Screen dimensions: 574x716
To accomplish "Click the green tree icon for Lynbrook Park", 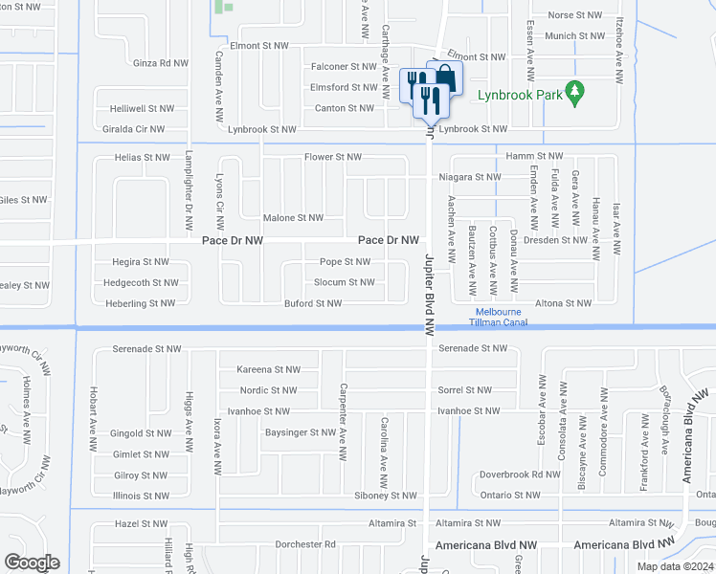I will pos(574,94).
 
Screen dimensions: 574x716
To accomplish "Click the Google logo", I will pos(32,563).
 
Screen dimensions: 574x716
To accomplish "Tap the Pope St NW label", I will pos(345,261).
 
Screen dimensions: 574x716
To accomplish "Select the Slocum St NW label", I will pos(345,282).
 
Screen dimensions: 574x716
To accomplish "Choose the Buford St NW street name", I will pos(313,303).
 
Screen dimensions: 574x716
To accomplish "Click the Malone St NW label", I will pos(294,218).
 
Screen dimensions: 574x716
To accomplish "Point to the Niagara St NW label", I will pos(470,177).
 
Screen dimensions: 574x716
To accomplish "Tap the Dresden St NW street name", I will pos(556,240).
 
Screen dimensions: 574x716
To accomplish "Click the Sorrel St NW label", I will pos(464,390).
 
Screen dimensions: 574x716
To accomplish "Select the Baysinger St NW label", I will pos(301,432).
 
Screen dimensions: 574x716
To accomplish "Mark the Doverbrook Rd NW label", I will pos(520,475).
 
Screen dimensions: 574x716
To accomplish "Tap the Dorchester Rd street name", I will pos(303,544).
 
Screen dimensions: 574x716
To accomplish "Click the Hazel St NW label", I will pos(141,524).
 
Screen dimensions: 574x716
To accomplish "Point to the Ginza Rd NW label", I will pos(160,63).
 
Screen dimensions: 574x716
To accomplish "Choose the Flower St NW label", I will pos(333,157).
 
